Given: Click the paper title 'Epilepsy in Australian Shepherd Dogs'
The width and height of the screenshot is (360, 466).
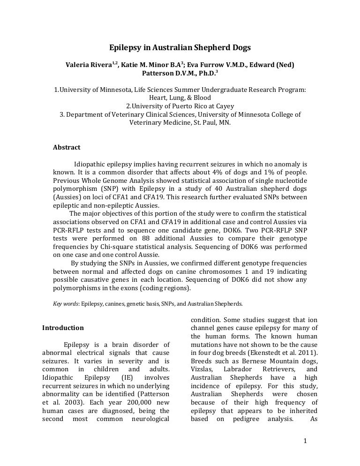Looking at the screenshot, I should pos(180,48).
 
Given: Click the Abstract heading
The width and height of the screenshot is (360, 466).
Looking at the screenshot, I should pos(67,147).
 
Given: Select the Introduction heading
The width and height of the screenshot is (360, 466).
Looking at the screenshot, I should pos(63,328).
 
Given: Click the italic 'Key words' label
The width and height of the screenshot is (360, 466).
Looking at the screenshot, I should pos(65,304).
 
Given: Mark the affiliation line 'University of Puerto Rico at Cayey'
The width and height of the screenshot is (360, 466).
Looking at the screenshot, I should pos(180,106).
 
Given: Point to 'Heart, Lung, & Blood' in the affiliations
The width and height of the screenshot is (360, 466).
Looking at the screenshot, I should pos(180,98).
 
